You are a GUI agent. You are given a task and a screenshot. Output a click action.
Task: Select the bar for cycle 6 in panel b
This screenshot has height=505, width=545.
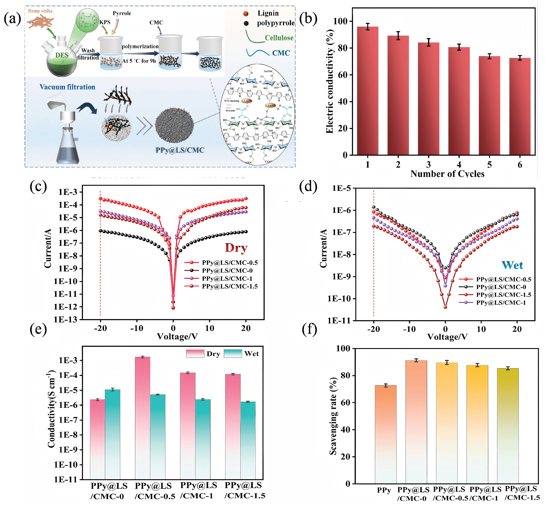(520, 107)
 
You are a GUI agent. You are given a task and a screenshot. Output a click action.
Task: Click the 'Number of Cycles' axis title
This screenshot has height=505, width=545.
(447, 174)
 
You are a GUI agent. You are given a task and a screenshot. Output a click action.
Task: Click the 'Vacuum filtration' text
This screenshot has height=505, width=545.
(67, 87)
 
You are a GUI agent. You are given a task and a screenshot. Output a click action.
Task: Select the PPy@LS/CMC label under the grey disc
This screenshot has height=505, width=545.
(180, 150)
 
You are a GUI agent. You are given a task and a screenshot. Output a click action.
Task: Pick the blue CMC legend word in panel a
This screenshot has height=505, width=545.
(281, 53)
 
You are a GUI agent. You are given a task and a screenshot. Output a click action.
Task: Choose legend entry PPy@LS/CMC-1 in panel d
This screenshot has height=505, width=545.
(501, 303)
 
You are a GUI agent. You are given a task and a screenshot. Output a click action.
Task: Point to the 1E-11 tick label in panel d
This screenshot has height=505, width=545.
(339, 321)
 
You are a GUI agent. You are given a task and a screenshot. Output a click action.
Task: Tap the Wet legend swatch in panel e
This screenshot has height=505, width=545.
(233, 354)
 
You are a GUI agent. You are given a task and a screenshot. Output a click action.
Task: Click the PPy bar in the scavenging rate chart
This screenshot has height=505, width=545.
(385, 434)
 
